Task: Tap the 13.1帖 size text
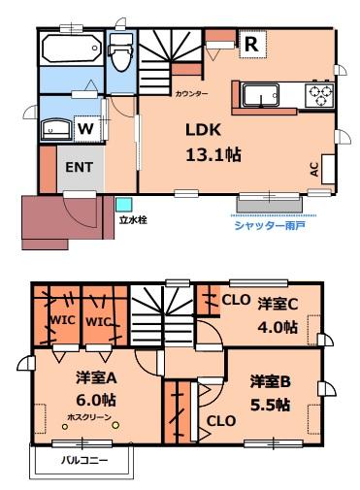(x=213, y=154)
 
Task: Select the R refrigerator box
(x=250, y=44)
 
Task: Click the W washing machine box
(x=85, y=127)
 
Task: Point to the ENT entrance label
(x=80, y=167)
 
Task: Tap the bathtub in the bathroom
(x=72, y=48)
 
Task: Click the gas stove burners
(x=320, y=95)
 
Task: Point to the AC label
(x=314, y=169)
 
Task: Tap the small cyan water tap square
(x=123, y=204)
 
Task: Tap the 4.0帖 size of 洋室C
(x=278, y=327)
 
